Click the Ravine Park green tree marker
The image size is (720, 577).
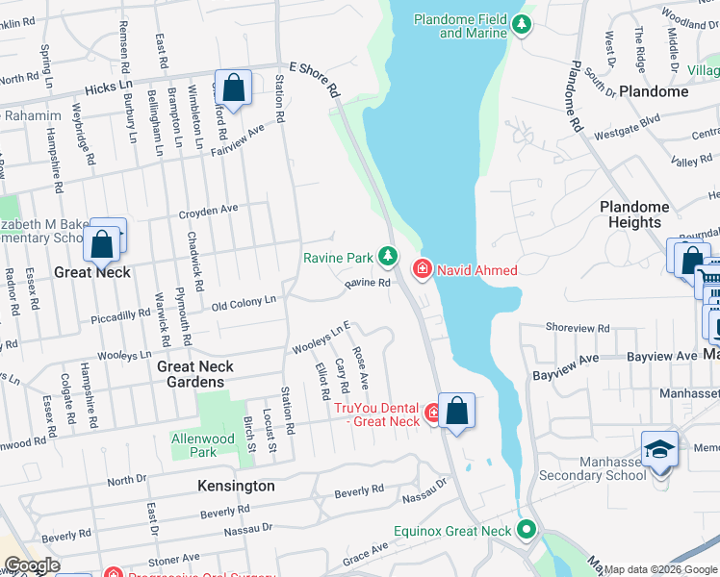[x=387, y=256]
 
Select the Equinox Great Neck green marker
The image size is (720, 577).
[x=527, y=530]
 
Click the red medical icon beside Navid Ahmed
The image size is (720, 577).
[x=422, y=269]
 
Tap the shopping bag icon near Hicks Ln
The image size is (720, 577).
[x=233, y=88]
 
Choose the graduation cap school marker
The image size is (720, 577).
[x=659, y=450]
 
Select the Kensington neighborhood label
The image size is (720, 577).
[x=236, y=486]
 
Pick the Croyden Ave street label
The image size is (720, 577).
[x=208, y=209]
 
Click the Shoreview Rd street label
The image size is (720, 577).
[x=578, y=327]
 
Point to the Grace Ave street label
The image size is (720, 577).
[x=366, y=552]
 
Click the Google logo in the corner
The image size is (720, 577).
[x=32, y=565]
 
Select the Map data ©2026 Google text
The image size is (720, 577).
[x=660, y=569]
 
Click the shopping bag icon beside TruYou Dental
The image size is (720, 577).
[x=456, y=411]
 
